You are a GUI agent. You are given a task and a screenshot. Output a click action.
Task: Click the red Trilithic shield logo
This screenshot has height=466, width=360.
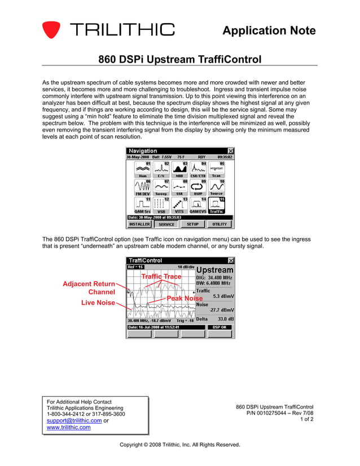click(x=51, y=29)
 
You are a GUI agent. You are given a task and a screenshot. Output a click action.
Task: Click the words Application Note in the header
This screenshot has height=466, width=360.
click(x=269, y=30)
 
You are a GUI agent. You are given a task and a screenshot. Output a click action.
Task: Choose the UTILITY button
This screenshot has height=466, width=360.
click(x=219, y=224)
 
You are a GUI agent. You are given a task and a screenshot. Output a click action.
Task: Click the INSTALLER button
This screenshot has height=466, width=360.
click(x=139, y=224)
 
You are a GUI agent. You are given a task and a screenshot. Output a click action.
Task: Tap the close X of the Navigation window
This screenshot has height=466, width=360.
click(x=230, y=151)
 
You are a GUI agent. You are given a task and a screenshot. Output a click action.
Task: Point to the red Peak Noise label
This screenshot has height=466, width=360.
click(x=185, y=298)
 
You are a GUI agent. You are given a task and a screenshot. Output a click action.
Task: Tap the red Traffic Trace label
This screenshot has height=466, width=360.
click(x=161, y=276)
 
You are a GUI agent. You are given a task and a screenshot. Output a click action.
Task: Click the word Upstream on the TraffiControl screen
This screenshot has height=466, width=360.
click(x=214, y=270)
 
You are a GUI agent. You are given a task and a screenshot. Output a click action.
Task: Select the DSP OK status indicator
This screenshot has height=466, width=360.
click(x=219, y=327)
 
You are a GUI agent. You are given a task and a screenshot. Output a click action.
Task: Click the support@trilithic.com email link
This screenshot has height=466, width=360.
click(x=71, y=421)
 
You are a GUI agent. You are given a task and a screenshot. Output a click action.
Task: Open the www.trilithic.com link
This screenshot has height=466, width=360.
click(x=68, y=428)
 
